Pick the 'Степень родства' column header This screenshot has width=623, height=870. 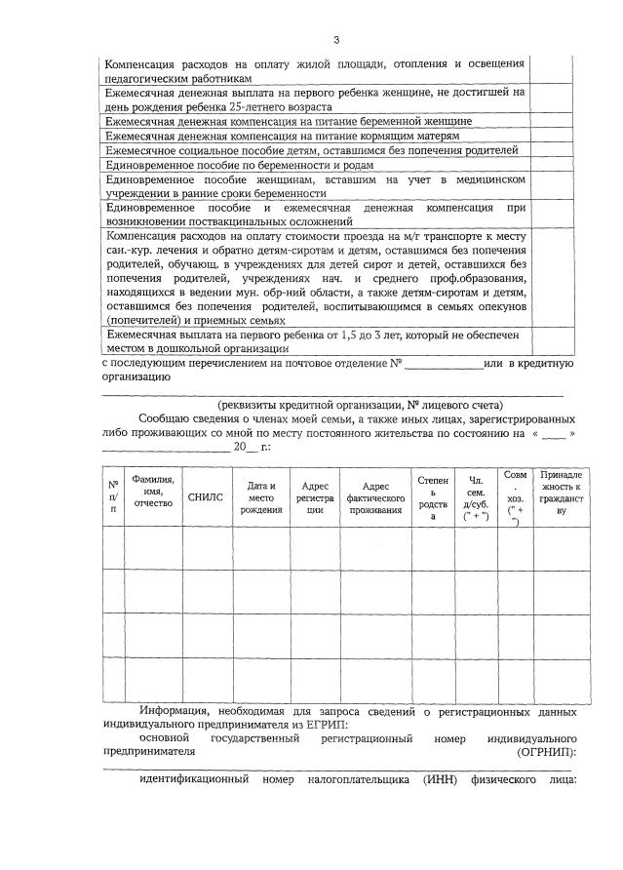pos(433,497)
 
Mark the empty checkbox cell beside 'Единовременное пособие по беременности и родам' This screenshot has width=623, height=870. pos(548,166)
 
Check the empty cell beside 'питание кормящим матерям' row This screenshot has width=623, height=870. pos(548,137)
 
